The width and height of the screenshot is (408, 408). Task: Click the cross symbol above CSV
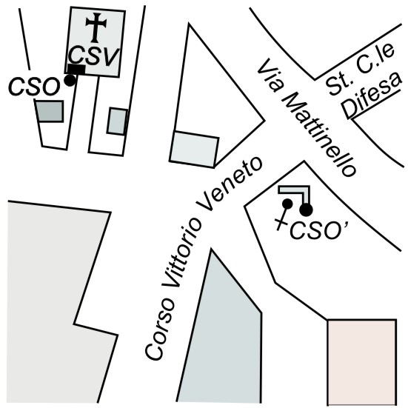click(96, 27)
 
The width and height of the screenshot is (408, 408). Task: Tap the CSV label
click(94, 56)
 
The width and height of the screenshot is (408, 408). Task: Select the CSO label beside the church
click(34, 86)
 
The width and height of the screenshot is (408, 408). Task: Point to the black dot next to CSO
click(70, 80)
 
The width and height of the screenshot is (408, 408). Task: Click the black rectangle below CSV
click(76, 70)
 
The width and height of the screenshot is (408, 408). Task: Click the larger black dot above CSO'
click(306, 210)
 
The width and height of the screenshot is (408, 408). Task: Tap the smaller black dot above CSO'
click(287, 204)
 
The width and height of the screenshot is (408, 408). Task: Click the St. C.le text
click(361, 70)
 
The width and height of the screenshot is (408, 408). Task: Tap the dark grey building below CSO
click(50, 111)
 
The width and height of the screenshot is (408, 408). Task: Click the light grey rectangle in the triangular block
click(194, 150)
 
